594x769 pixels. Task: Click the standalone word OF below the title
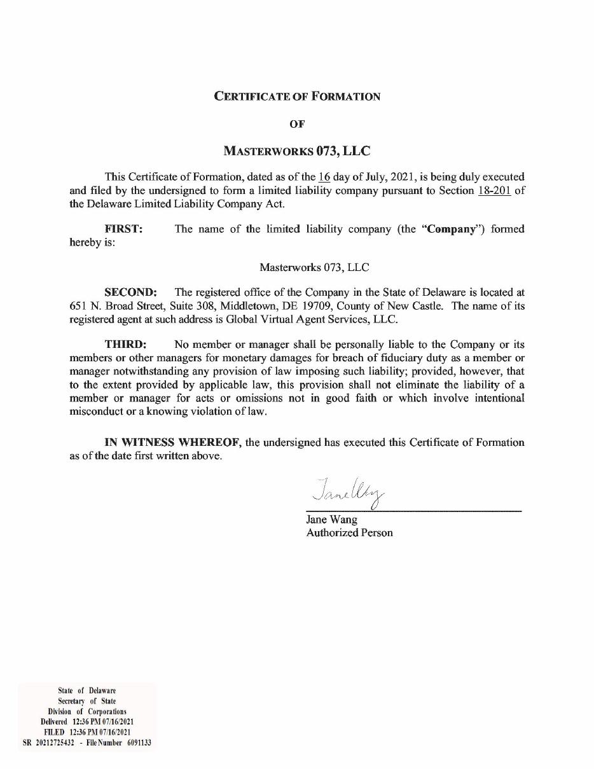tap(297, 124)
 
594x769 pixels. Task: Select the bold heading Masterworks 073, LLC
tap(297, 151)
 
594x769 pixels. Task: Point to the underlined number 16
tap(324, 177)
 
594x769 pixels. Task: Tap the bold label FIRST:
tap(123, 229)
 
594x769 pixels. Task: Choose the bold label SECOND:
tap(130, 293)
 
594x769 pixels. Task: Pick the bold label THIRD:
tap(125, 345)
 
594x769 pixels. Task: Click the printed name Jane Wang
tap(331, 520)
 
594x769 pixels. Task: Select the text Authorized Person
tap(349, 533)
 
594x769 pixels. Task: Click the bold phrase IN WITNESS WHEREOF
tap(173, 442)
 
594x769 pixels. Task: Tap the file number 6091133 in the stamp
tap(139, 742)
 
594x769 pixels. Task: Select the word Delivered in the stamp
tap(53, 722)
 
